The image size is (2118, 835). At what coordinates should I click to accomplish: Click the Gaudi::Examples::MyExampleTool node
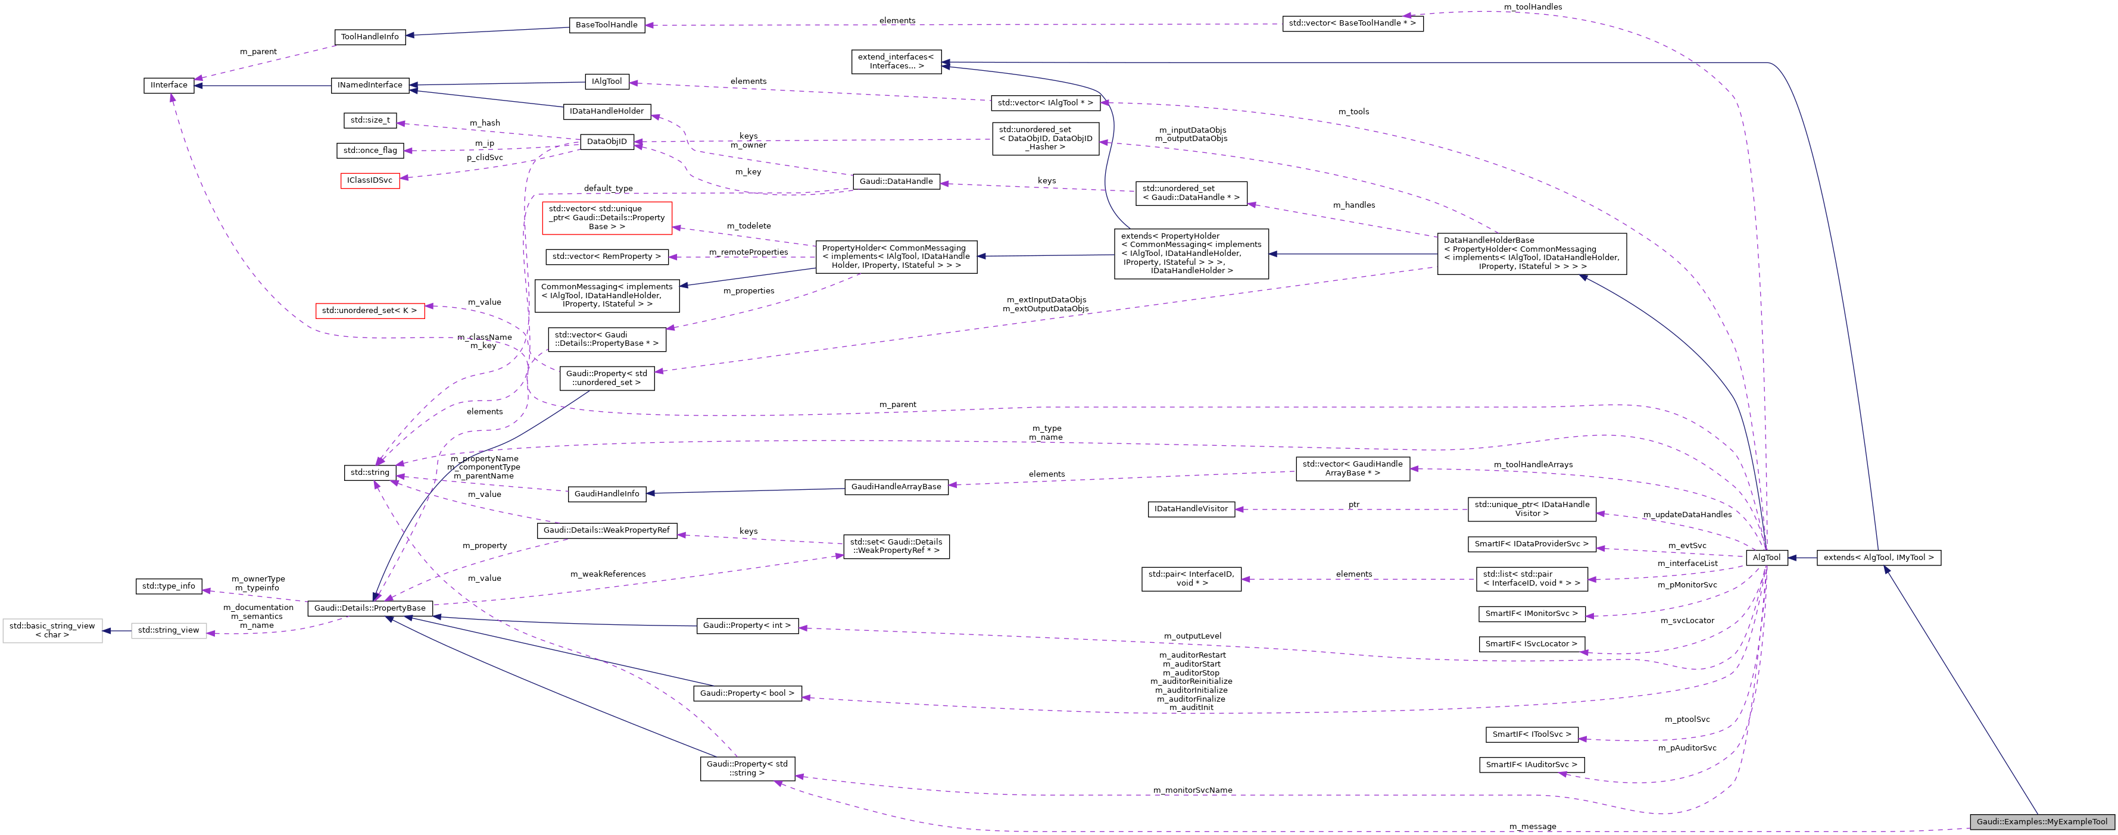(x=2042, y=821)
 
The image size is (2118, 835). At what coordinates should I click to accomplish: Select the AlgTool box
(x=1766, y=557)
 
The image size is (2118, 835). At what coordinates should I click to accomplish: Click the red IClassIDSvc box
(x=370, y=180)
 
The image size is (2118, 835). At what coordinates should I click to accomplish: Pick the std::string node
(x=369, y=473)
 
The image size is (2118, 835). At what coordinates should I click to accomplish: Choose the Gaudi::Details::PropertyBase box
(x=370, y=608)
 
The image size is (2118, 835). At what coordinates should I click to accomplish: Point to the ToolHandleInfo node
(x=370, y=36)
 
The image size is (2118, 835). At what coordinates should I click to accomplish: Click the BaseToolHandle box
(x=606, y=24)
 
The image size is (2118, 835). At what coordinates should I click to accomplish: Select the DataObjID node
(x=607, y=142)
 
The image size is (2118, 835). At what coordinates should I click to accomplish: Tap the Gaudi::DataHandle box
(x=896, y=181)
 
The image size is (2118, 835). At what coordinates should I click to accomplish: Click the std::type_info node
(x=169, y=586)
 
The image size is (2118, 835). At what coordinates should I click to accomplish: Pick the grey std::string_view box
(x=169, y=630)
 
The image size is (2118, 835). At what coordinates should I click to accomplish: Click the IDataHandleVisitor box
(x=1190, y=509)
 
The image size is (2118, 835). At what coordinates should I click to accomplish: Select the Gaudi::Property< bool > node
(x=747, y=693)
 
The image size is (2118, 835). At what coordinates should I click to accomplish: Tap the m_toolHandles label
(x=1533, y=7)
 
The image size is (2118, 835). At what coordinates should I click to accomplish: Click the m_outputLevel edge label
(x=1192, y=635)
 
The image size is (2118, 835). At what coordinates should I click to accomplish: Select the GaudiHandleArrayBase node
(x=896, y=486)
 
